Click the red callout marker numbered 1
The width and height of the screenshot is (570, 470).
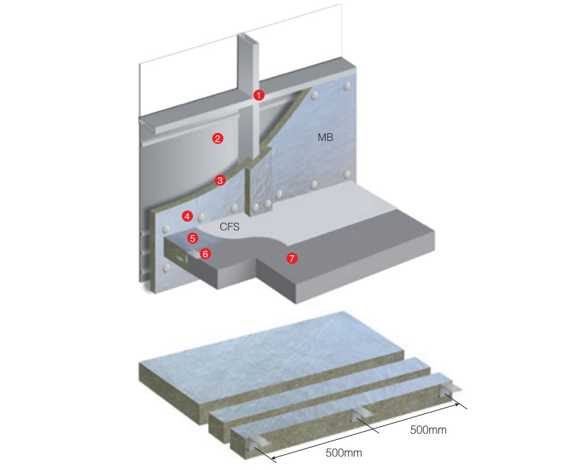click(259, 95)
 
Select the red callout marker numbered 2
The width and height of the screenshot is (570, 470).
click(218, 138)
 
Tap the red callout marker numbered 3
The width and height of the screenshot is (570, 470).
click(220, 180)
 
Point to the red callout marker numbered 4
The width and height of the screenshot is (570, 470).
click(187, 216)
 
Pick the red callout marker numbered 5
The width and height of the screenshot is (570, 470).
click(193, 238)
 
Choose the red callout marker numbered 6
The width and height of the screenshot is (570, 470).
click(205, 254)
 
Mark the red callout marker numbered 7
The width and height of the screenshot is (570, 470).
click(292, 258)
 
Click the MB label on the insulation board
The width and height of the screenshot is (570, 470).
click(325, 138)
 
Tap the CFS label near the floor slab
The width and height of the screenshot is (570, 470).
click(230, 227)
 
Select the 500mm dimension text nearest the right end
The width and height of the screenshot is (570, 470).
click(428, 430)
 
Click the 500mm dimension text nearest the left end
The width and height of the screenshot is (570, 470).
click(344, 453)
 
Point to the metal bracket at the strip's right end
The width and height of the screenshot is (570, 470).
click(451, 390)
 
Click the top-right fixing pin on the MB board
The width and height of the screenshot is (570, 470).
click(347, 86)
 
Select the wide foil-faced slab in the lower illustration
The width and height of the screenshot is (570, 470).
click(272, 367)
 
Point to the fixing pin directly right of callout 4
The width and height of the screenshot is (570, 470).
click(200, 218)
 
